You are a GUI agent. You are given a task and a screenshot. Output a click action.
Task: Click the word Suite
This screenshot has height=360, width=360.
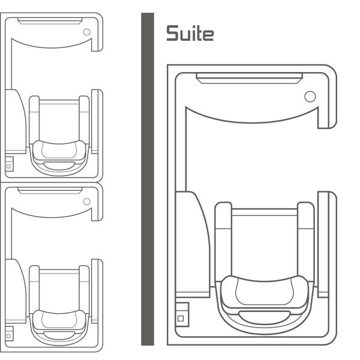point(190,33)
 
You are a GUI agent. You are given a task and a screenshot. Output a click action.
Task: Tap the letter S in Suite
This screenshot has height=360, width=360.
point(172,33)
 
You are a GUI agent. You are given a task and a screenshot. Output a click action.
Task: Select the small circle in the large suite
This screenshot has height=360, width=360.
point(310,97)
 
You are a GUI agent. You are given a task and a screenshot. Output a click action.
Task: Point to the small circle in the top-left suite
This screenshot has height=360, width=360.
point(86,32)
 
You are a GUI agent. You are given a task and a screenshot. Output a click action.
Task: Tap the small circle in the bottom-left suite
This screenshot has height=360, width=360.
point(86,201)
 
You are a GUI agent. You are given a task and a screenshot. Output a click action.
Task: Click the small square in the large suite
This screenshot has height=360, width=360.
point(181,317)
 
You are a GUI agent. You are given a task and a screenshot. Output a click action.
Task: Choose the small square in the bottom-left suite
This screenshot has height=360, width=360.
point(8,330)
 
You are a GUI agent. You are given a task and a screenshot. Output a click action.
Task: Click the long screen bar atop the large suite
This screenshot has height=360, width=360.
point(249,77)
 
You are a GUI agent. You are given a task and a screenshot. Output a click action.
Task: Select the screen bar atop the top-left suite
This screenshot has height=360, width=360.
point(49,22)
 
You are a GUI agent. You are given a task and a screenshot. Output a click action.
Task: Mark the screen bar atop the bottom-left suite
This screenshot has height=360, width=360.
point(49,190)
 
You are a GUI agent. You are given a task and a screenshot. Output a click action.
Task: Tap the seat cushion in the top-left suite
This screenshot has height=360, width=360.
point(59,150)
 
